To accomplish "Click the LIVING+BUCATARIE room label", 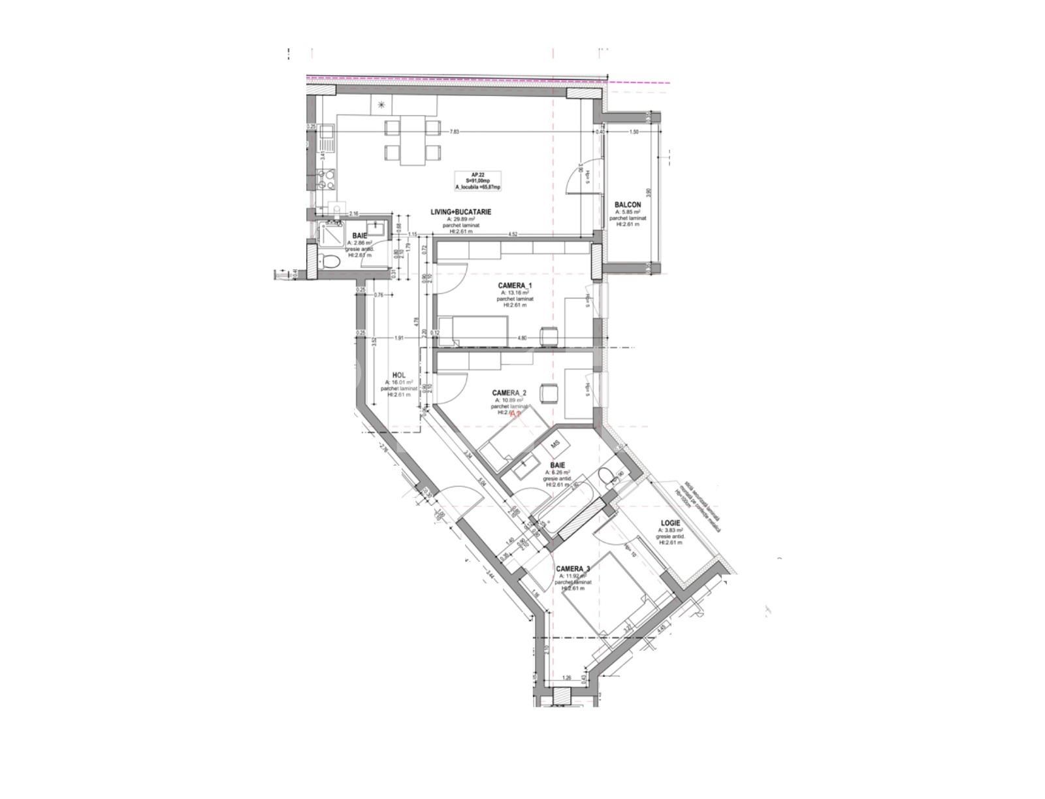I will pyautogui.click(x=460, y=212).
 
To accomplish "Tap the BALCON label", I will pyautogui.click(x=628, y=205).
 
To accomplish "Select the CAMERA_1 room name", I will pyautogui.click(x=515, y=285).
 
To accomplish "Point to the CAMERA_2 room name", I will pyautogui.click(x=509, y=393).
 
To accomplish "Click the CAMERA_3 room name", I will pyautogui.click(x=573, y=569).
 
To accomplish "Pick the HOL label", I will pyautogui.click(x=398, y=375).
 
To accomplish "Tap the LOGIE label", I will pyautogui.click(x=671, y=523).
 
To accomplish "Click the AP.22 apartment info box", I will pyautogui.click(x=478, y=181).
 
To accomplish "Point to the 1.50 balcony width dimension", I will pyautogui.click(x=633, y=132).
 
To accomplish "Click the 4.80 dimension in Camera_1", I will pyautogui.click(x=522, y=338).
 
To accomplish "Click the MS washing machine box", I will pyautogui.click(x=556, y=443).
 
